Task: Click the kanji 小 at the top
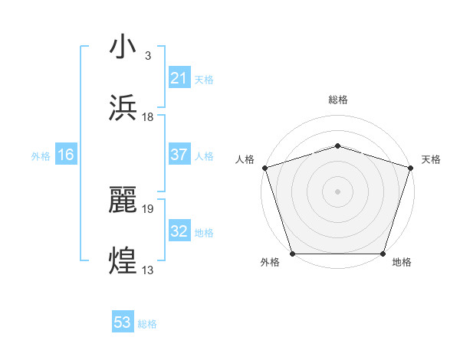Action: [x=123, y=47]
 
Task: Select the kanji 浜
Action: [x=123, y=110]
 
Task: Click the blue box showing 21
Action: [x=179, y=78]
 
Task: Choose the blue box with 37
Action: [x=179, y=155]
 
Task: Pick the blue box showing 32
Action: [x=179, y=231]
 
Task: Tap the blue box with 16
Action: [x=66, y=155]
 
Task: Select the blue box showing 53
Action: [x=123, y=322]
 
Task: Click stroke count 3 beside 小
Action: [x=147, y=55]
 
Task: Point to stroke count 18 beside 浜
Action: [x=148, y=116]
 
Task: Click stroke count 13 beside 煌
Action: [x=148, y=270]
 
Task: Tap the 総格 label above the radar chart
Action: [x=337, y=100]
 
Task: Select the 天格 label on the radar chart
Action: [x=431, y=159]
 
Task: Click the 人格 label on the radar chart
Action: [x=245, y=159]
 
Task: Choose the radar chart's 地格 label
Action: [x=402, y=263]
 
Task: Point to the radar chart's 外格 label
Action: [x=270, y=263]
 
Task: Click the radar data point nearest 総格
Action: [x=337, y=146]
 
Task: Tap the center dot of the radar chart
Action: [x=337, y=191]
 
